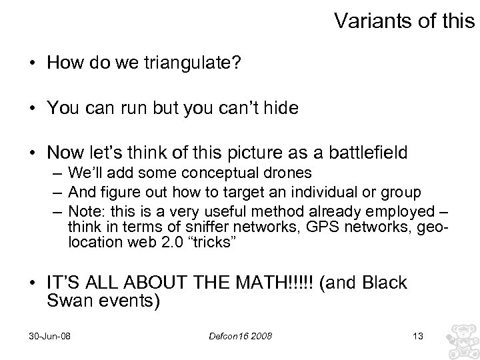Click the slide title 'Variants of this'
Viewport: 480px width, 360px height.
405,22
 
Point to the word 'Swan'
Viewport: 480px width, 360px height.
69,301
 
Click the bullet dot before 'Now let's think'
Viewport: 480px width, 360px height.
33,153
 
